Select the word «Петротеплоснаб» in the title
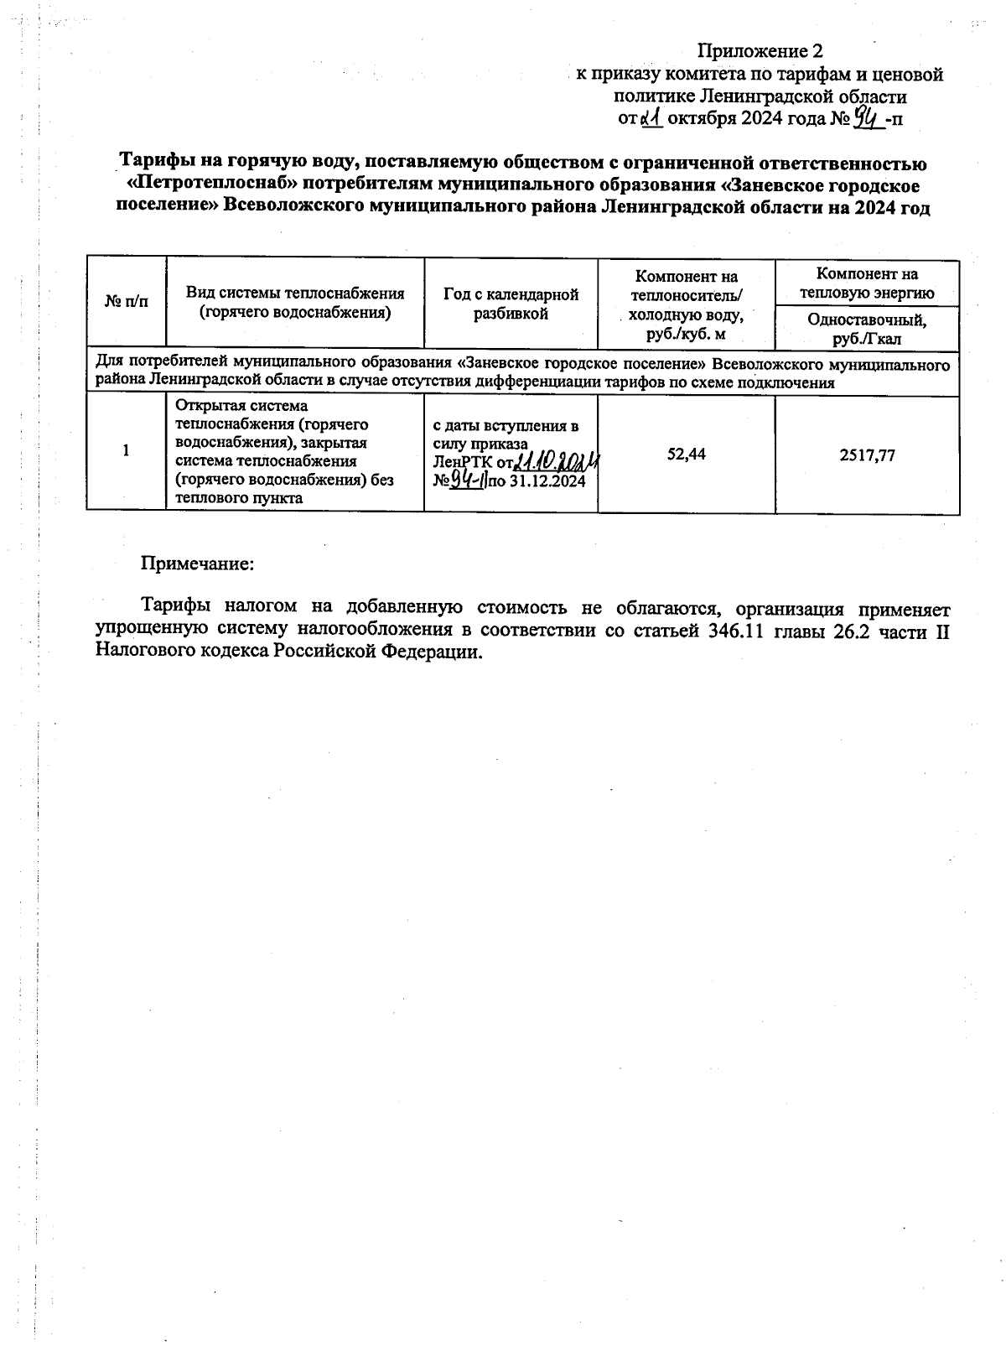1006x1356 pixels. [220, 185]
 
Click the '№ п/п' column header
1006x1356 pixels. [126, 303]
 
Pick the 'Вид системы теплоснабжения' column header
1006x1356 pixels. [295, 303]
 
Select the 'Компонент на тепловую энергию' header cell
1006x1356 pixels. [867, 283]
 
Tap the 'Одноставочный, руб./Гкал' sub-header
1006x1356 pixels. [867, 329]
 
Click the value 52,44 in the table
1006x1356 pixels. [686, 454]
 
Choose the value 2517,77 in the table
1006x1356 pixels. [867, 454]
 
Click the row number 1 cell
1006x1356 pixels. [126, 451]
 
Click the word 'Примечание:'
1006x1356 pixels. [197, 563]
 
